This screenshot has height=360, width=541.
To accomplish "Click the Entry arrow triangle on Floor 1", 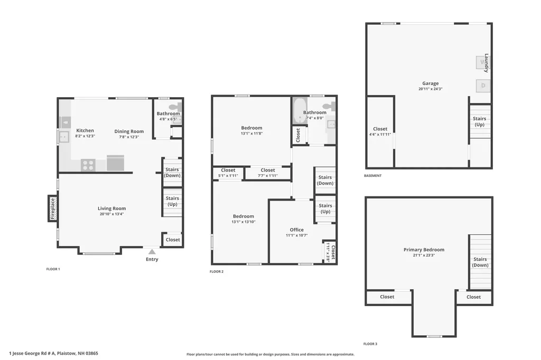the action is coord(152,252).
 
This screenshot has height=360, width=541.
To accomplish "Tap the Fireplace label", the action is coord(52,209).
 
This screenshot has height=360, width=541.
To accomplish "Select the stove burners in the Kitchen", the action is coord(88,165).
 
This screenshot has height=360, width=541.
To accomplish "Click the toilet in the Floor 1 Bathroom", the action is coord(175,106).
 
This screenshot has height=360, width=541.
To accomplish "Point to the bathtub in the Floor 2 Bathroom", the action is coord(300,111).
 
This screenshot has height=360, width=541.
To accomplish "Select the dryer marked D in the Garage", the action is coord(483,86).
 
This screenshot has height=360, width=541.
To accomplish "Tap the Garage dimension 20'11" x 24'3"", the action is coord(430,89).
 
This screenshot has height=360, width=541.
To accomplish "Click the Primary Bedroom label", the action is coord(424,250).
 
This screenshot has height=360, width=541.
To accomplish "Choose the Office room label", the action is coord(297,230).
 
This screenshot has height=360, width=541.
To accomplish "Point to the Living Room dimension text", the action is coord(112,214).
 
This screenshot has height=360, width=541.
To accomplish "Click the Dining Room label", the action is coord(129,131).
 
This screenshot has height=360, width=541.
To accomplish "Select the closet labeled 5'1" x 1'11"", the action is coord(228,173).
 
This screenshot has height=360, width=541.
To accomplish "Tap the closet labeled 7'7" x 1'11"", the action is coord(268,173).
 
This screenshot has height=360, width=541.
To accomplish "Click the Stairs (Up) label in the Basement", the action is coord(480,121).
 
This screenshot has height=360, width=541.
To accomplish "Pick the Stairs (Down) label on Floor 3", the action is coord(480,262).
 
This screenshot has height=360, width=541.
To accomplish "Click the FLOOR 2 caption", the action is coord(217,272).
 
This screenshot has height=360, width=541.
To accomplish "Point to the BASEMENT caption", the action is coord(372,176).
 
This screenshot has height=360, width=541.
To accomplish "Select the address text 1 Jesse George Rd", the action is coord(28,354).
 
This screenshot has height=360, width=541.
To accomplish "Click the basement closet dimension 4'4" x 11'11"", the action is coord(380,135).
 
